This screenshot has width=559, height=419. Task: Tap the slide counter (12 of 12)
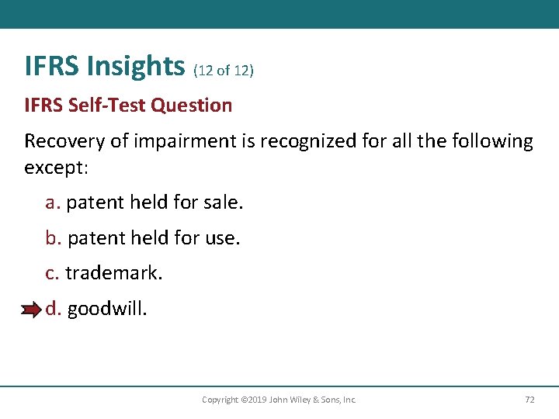[224, 71]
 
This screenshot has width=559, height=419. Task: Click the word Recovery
[62, 141]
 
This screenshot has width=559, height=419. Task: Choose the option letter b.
[53, 238]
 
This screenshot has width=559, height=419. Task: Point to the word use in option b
[221, 238]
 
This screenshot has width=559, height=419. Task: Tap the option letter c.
[52, 273]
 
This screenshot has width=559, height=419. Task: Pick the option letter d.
[53, 309]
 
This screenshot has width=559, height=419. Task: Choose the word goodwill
[106, 309]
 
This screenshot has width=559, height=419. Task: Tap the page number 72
[529, 400]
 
